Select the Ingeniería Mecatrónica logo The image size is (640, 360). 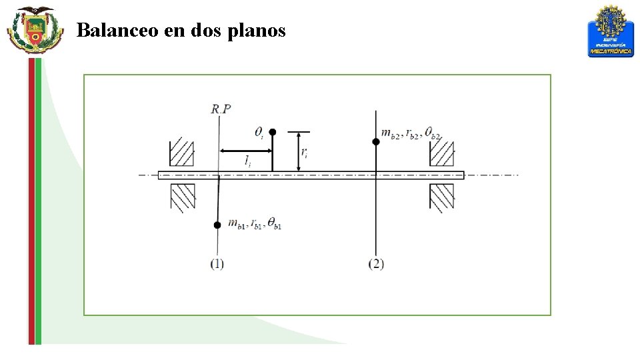pos(610,31)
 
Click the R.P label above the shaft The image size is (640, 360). pos(221,109)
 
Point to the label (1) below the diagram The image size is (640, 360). pos(217,263)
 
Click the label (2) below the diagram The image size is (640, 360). pos(376,263)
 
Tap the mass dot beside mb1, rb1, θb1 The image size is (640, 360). pos(217,225)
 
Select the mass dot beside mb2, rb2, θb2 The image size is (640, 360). pos(376,141)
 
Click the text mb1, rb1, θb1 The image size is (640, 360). pos(255,224)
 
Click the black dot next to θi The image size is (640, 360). pos(272,133)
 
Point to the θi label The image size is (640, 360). pos(259,133)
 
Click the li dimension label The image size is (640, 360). pos(247,161)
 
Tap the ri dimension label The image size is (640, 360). pos(304,153)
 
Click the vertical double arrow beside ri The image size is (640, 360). pos(298,151)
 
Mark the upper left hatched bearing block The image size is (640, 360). pos(181,153)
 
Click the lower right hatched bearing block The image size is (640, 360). pos(441,197)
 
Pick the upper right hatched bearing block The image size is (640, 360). pos(441,153)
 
